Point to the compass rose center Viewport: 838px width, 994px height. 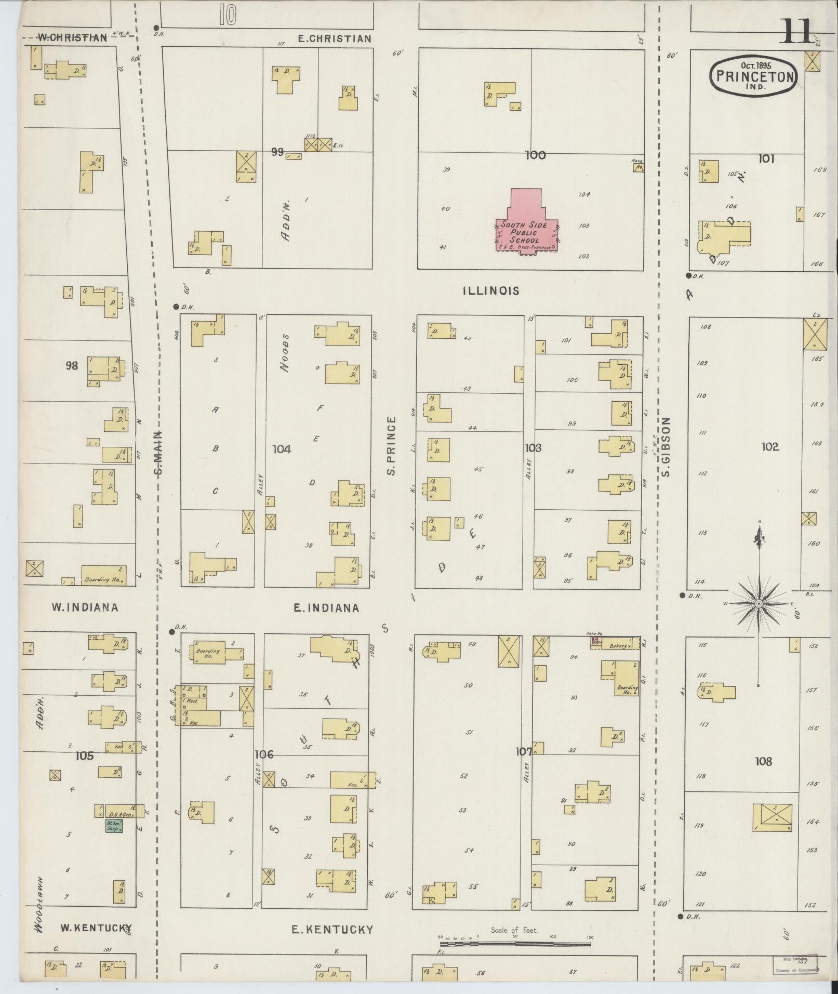758,603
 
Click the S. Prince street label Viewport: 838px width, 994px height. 392,446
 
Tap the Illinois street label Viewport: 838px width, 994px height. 490,291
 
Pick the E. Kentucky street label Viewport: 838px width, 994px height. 332,930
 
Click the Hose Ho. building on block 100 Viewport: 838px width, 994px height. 638,166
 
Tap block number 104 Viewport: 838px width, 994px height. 282,448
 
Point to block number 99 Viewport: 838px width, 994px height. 277,152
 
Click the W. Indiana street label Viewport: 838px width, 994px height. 85,607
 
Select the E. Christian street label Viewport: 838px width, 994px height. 335,38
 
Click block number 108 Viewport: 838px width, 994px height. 763,761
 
